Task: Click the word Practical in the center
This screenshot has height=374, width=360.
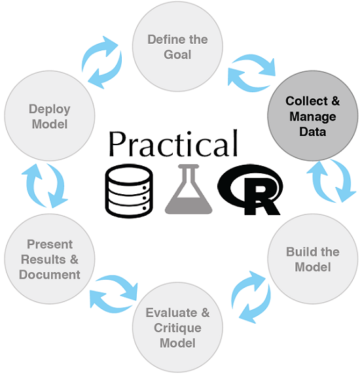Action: pyautogui.click(x=173, y=144)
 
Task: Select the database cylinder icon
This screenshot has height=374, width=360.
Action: pyautogui.click(x=129, y=191)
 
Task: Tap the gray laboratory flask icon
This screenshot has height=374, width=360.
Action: pyautogui.click(x=189, y=189)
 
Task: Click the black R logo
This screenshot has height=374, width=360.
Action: pyautogui.click(x=250, y=190)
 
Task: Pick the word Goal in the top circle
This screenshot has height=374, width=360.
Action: pyautogui.click(x=177, y=54)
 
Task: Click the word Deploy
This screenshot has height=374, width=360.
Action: pyautogui.click(x=49, y=110)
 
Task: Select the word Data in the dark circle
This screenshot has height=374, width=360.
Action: pyautogui.click(x=313, y=131)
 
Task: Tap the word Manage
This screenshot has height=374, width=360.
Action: pyautogui.click(x=313, y=117)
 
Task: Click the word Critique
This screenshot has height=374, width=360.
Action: pyautogui.click(x=177, y=328)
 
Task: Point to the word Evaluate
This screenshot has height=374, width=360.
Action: pyautogui.click(x=171, y=313)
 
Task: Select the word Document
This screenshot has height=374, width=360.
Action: pyautogui.click(x=50, y=275)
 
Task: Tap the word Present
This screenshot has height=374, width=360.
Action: pyautogui.click(x=50, y=245)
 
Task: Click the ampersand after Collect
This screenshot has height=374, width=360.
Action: pyautogui.click(x=336, y=101)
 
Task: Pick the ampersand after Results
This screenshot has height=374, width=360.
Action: pyautogui.click(x=74, y=260)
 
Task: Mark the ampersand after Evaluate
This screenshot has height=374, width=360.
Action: pyautogui.click(x=206, y=313)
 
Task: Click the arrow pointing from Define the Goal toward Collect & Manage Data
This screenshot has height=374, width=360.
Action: pyautogui.click(x=257, y=63)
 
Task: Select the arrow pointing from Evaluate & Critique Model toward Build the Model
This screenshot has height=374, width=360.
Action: pyautogui.click(x=243, y=288)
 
